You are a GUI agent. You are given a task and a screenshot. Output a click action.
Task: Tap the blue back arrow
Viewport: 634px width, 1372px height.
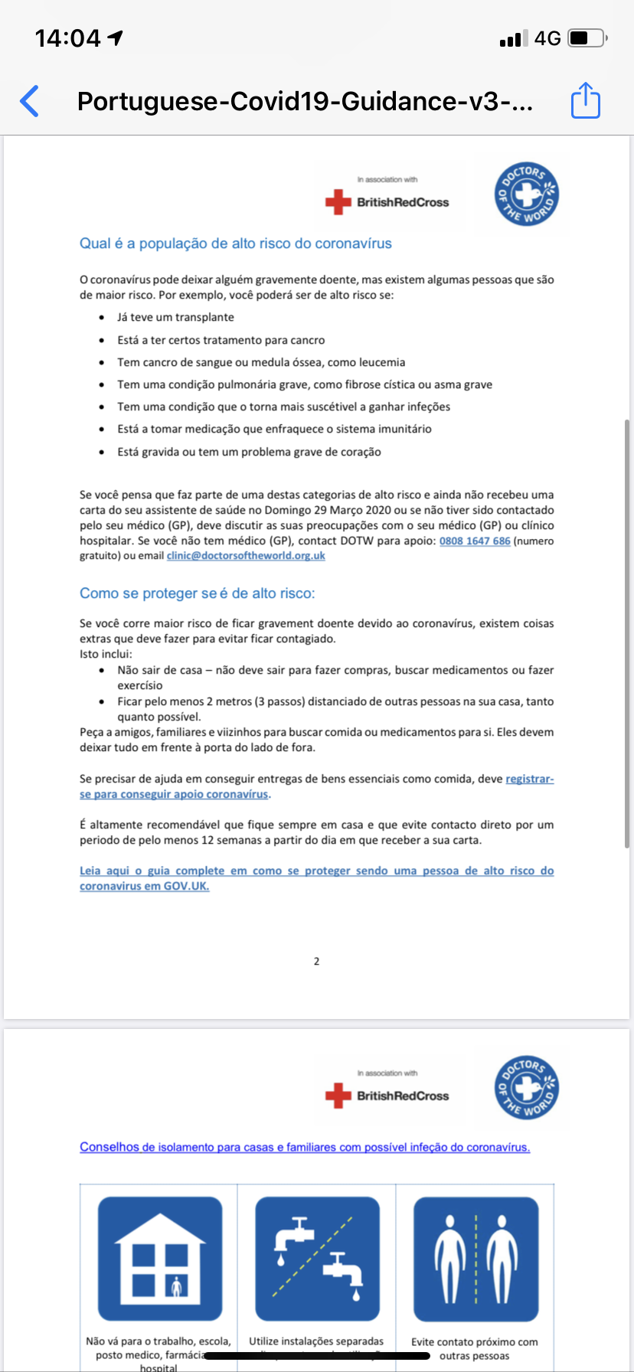[x=29, y=101]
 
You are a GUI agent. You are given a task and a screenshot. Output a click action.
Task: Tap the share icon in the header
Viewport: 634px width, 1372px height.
[x=586, y=100]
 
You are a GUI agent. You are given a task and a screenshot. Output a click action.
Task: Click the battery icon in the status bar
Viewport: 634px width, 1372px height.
[x=587, y=38]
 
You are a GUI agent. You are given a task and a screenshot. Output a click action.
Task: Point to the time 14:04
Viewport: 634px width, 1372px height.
[x=68, y=38]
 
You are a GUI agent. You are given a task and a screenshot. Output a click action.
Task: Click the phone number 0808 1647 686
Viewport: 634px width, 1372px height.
[x=475, y=541]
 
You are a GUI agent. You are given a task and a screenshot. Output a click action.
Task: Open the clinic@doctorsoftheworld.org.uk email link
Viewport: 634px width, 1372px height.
[x=246, y=556]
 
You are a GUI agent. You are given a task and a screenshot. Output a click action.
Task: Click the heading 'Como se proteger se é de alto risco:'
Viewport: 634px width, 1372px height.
[x=197, y=593]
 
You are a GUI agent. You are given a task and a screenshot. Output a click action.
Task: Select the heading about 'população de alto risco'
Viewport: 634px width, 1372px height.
[x=235, y=243]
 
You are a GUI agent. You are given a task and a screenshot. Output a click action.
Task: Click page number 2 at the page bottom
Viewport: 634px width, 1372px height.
[x=316, y=961]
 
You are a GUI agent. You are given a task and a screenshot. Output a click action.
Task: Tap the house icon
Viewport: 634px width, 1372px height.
[x=159, y=1259]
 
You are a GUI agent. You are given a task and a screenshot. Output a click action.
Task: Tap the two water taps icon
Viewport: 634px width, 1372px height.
[x=317, y=1259]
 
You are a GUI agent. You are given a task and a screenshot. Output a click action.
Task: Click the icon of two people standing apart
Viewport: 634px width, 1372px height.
[x=475, y=1259]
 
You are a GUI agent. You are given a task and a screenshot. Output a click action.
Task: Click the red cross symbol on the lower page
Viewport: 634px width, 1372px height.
[x=338, y=1096]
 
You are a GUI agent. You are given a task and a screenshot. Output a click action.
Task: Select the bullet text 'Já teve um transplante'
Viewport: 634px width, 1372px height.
[x=175, y=317]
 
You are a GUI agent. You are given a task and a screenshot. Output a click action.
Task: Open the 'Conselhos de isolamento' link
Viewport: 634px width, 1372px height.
[x=305, y=1147]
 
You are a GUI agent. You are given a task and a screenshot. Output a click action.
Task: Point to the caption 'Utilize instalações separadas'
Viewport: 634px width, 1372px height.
[x=316, y=1341]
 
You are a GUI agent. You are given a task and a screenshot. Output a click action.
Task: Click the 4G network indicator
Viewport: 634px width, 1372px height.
[x=547, y=38]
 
